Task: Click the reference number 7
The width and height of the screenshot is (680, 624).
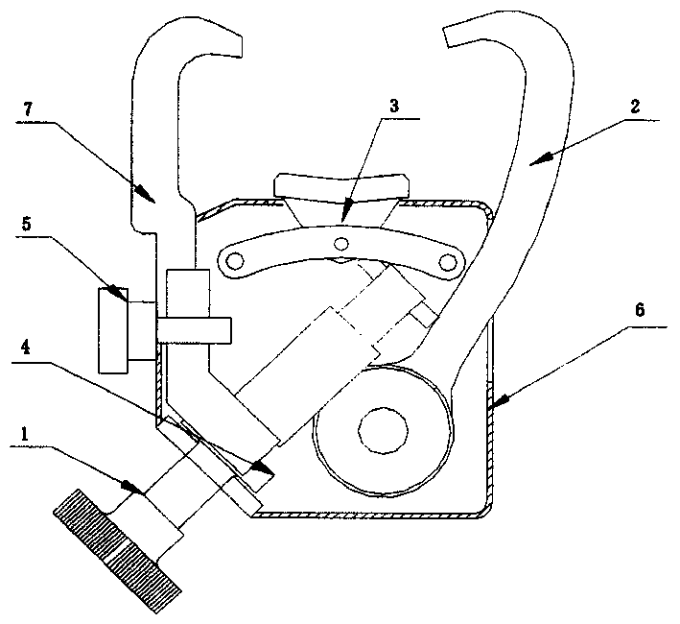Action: tap(28, 109)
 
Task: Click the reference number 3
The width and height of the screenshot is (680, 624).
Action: tap(394, 107)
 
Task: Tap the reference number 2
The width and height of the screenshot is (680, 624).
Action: tap(635, 107)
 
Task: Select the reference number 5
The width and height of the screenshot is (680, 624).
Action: tap(27, 225)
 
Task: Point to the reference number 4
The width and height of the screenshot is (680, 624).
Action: tap(26, 347)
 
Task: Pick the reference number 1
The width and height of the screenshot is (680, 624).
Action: tap(25, 434)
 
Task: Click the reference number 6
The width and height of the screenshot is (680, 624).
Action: tap(640, 310)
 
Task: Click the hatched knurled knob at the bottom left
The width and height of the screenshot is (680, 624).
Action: tap(117, 551)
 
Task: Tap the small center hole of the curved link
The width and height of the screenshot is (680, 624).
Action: tap(341, 244)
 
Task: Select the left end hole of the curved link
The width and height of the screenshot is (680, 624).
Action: tap(235, 260)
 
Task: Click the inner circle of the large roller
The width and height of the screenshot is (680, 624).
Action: tap(384, 430)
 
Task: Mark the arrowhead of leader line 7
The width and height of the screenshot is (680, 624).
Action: tap(144, 193)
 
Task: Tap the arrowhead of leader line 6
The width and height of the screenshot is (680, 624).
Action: tap(497, 401)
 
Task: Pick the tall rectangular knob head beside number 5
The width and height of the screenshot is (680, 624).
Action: tap(113, 330)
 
